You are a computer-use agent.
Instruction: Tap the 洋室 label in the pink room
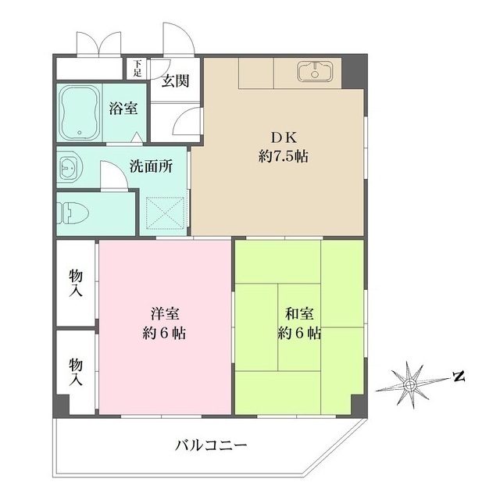click(165, 314)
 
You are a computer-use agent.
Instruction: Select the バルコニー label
click(211, 446)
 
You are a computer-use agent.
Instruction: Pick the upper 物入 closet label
click(76, 284)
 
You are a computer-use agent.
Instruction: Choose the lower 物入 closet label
click(76, 373)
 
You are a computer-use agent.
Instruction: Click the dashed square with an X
click(166, 210)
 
